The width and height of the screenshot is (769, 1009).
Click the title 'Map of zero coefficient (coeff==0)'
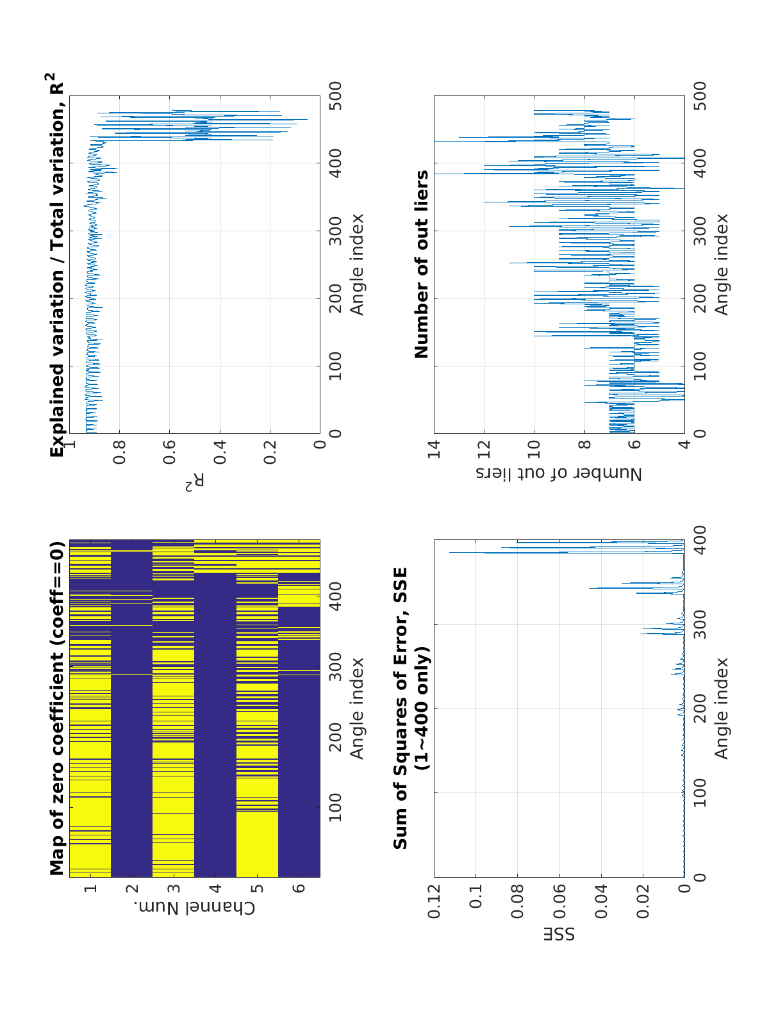[x=58, y=708]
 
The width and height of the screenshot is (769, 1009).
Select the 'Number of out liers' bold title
[x=422, y=264]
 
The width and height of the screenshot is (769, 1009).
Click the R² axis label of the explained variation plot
[x=195, y=482]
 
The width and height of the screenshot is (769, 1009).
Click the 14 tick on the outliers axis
[x=434, y=451]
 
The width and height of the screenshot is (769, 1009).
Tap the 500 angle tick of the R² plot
[x=335, y=96]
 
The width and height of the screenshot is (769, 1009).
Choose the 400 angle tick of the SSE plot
[x=700, y=540]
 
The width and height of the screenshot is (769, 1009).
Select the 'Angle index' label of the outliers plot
[x=722, y=264]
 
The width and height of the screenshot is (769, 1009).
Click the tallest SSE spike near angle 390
[x=450, y=552]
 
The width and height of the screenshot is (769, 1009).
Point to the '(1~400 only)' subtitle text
[x=422, y=708]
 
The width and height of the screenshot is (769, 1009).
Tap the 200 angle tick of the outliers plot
[x=700, y=298]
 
